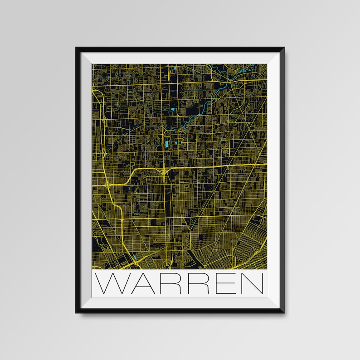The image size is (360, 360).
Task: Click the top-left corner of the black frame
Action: (x=77, y=47)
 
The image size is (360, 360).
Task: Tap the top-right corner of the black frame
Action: (x=284, y=47)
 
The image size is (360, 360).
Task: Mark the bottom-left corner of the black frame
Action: (x=77, y=313)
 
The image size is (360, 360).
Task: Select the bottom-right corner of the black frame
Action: (x=284, y=313)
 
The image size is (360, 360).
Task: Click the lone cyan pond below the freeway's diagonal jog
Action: (x=129, y=189)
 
